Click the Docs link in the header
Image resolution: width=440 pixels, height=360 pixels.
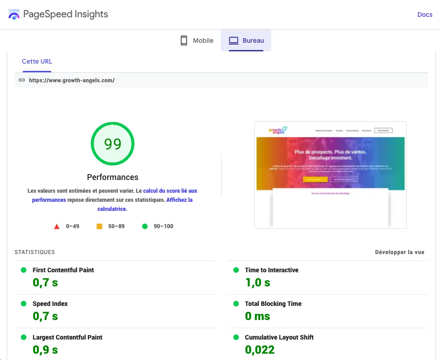pyautogui.click(x=425, y=15)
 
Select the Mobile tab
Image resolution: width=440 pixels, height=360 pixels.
pyautogui.click(x=197, y=40)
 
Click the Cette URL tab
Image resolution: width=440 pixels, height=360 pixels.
pyautogui.click(x=37, y=61)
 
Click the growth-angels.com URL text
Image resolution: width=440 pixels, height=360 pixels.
pyautogui.click(x=72, y=80)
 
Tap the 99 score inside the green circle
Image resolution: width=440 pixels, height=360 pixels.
pyautogui.click(x=113, y=144)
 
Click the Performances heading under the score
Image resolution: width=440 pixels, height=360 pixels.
pyautogui.click(x=113, y=177)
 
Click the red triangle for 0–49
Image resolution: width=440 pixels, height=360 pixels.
pyautogui.click(x=57, y=226)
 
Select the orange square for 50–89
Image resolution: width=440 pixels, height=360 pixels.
pyautogui.click(x=99, y=226)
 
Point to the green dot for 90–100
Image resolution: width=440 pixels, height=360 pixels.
pyautogui.click(x=145, y=226)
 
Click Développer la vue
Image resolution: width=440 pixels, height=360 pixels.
pyautogui.click(x=400, y=252)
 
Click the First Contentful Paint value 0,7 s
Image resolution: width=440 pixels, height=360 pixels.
pyautogui.click(x=45, y=283)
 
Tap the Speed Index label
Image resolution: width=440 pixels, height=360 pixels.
pyautogui.click(x=50, y=304)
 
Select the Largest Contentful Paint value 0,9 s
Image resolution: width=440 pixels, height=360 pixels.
pyautogui.click(x=45, y=350)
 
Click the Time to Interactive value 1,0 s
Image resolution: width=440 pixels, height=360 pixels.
pyautogui.click(x=257, y=283)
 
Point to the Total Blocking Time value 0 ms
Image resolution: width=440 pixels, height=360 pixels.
pyautogui.click(x=257, y=316)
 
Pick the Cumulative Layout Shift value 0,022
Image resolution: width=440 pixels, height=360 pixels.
pyautogui.click(x=260, y=350)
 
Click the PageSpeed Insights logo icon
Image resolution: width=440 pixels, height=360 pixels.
pyautogui.click(x=14, y=15)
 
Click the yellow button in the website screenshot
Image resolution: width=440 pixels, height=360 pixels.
pyautogui.click(x=315, y=180)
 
